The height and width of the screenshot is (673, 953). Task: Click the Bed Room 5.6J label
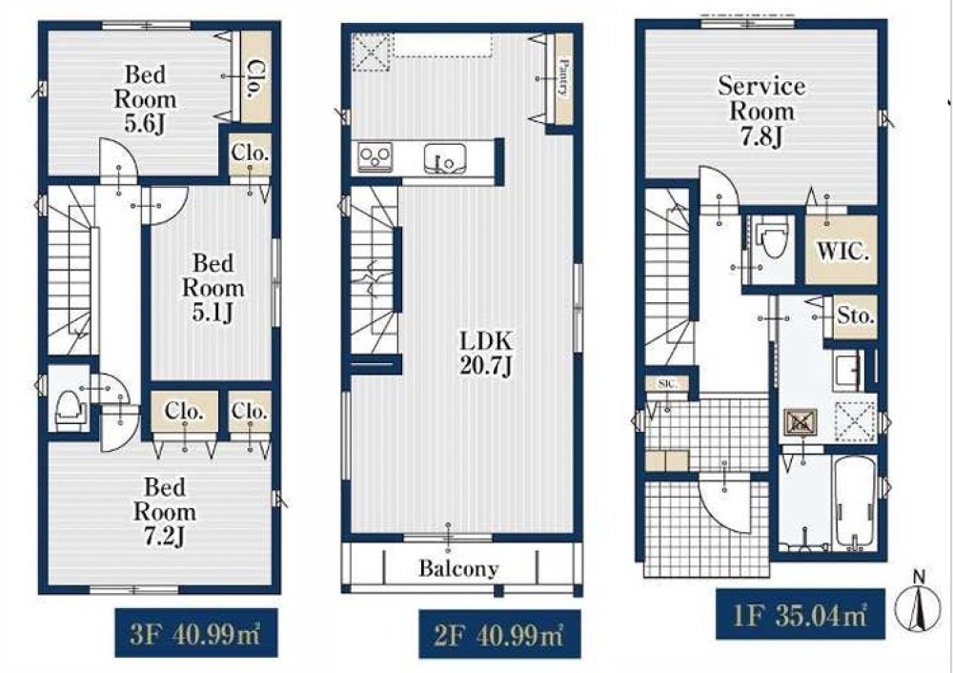[x=145, y=98]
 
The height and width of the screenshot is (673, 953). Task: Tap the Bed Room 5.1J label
[x=213, y=288]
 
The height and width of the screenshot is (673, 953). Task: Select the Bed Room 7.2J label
[x=165, y=511]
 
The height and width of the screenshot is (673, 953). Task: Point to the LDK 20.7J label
[x=487, y=354]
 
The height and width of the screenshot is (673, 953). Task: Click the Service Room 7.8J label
[x=761, y=112]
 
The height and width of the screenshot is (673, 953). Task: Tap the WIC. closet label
[x=842, y=251]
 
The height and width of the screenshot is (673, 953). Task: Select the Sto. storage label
[x=856, y=316]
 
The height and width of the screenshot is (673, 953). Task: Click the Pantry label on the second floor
[x=563, y=77]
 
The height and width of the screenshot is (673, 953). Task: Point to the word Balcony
[x=459, y=568]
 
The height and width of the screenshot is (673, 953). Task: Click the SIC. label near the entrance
[x=666, y=383]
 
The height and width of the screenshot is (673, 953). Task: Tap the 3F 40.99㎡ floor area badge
[x=196, y=633]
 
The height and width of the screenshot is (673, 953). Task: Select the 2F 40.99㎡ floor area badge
[x=499, y=635]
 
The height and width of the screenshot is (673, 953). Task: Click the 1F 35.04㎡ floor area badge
[x=800, y=614]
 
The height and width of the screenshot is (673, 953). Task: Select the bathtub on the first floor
[x=856, y=502]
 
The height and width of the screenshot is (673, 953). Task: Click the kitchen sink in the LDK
[x=445, y=158]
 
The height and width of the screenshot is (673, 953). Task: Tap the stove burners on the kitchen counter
[x=375, y=157]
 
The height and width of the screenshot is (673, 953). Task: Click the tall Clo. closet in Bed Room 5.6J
[x=255, y=77]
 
